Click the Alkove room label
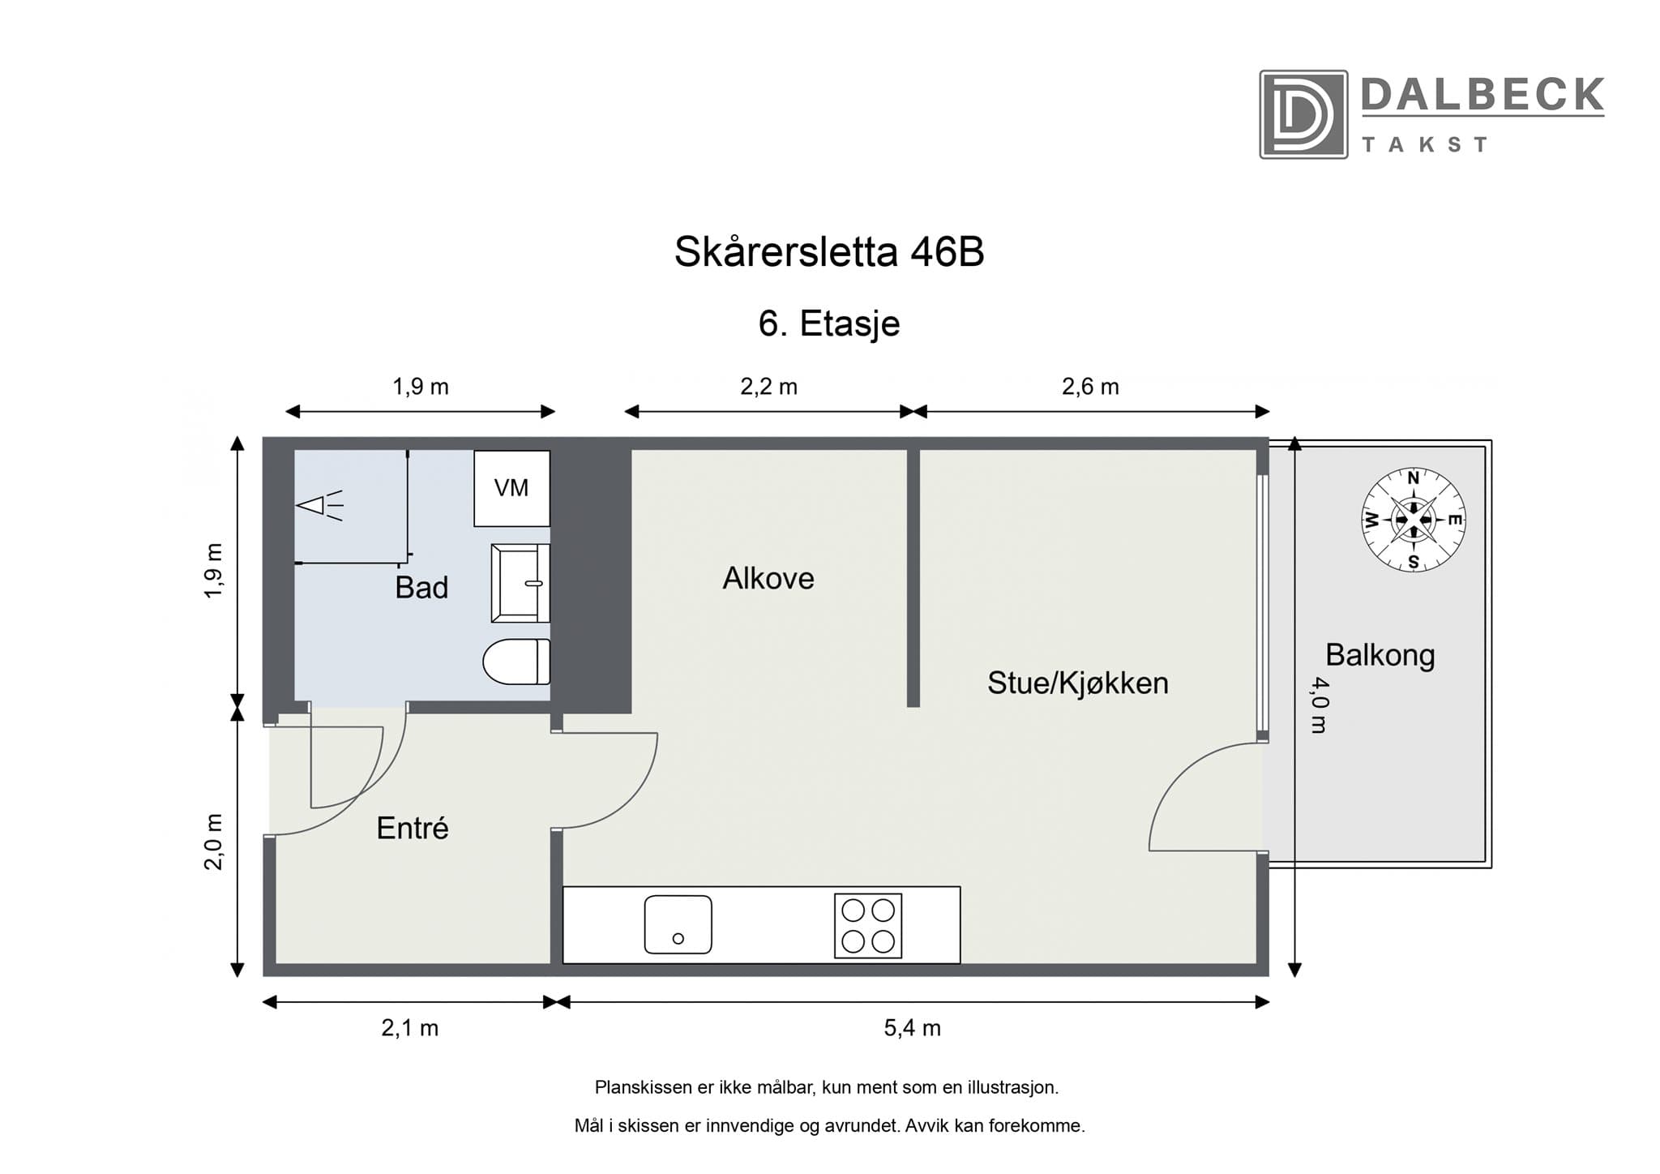(x=768, y=578)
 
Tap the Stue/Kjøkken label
(x=1077, y=683)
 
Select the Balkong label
(x=1380, y=654)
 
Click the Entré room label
(x=412, y=828)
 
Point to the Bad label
(x=421, y=587)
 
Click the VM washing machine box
(x=511, y=488)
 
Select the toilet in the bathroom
(x=516, y=662)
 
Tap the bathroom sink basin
(x=520, y=583)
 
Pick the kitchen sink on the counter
(x=678, y=924)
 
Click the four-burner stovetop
(x=867, y=925)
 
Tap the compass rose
(x=1413, y=520)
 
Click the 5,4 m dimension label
(x=912, y=1029)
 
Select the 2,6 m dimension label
(x=1090, y=387)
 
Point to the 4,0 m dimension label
(x=1319, y=705)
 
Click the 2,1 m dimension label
(x=409, y=1029)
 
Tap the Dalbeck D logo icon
(x=1303, y=114)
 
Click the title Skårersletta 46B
(x=828, y=252)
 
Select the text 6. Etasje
(x=828, y=323)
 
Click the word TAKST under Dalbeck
(x=1424, y=145)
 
